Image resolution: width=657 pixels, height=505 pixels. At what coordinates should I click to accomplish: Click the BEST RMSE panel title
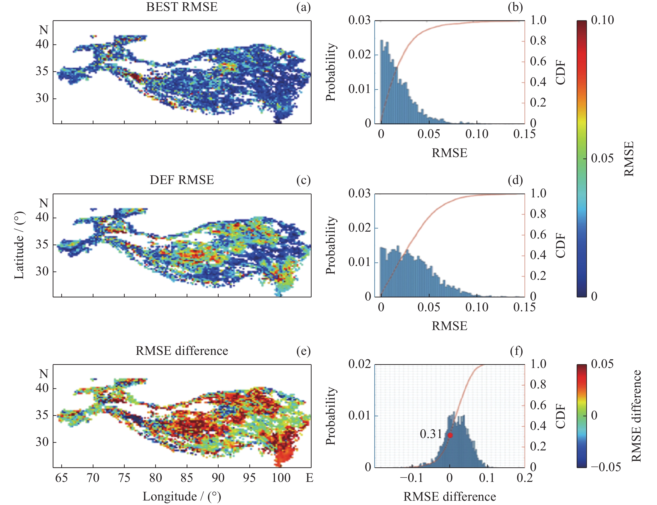pos(182,7)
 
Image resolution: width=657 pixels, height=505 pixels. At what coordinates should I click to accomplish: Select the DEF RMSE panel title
pos(182,180)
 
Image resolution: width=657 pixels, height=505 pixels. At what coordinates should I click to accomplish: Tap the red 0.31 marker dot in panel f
pos(450,435)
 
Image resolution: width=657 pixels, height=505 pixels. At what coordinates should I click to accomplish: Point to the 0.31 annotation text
pos(431,434)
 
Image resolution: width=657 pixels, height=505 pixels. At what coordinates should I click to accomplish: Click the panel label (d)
pos(515,180)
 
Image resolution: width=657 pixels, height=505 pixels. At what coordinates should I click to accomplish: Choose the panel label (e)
pos(303,351)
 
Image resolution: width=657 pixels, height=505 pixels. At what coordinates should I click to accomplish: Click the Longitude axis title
pos(182,497)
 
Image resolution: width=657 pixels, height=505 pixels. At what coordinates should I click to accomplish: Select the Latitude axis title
pos(19,245)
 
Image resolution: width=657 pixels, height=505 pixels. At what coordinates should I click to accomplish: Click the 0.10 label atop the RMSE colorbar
pos(602,20)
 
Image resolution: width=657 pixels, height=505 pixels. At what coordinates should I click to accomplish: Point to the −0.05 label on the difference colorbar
pos(606,467)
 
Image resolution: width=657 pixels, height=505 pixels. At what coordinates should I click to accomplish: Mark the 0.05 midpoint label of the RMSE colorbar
pos(602,158)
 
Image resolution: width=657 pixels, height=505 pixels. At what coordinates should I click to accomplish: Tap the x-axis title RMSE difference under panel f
pos(450,497)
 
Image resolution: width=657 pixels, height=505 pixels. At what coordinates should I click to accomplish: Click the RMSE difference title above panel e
pos(182,351)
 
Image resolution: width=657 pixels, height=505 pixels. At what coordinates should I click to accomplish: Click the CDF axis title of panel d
pos(560,245)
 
